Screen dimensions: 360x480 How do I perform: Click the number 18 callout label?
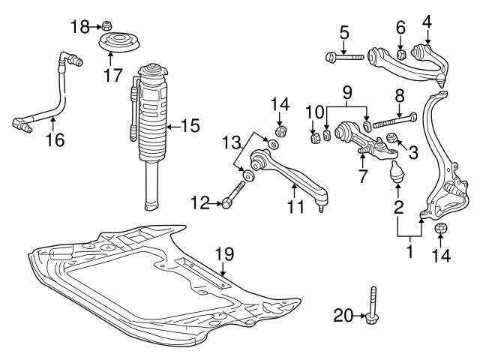click(x=79, y=28)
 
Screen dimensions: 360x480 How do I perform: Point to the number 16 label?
click(x=54, y=139)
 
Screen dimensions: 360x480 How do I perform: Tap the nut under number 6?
click(x=401, y=54)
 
